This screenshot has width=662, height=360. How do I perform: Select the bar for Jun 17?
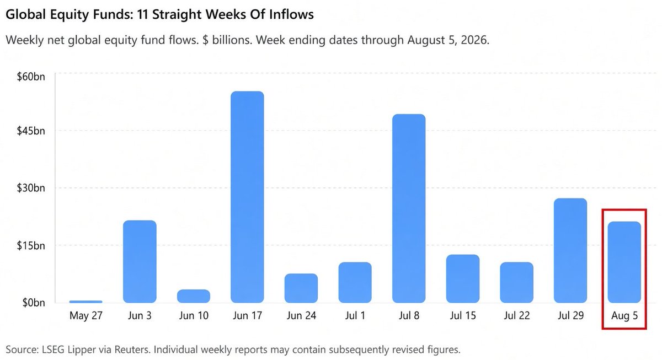[x=247, y=197]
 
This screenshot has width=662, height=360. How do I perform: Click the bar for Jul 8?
[x=409, y=208]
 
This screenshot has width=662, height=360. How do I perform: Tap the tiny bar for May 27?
[x=86, y=302]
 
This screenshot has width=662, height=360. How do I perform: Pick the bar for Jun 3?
[x=140, y=261]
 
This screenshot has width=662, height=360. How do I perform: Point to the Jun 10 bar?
[x=194, y=296]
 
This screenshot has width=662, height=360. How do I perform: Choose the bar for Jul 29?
[x=570, y=250]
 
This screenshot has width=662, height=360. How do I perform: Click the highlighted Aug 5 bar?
[x=624, y=262]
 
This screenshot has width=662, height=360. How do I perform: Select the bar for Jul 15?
[x=463, y=278]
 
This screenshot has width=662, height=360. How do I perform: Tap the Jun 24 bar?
[x=301, y=288]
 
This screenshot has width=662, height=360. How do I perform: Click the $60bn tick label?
[x=31, y=77]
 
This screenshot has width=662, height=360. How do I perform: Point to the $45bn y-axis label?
[x=31, y=131]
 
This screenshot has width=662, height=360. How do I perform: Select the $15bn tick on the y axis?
[x=31, y=245]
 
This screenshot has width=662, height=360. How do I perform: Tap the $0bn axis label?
[x=34, y=303]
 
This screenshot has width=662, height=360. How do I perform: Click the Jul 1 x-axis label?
[x=355, y=316]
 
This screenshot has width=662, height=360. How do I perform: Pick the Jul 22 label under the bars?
[x=516, y=316]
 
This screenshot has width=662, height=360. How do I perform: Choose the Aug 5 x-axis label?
[x=624, y=316]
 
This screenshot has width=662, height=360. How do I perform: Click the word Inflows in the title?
[x=291, y=14]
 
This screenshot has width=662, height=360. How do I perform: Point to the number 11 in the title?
[x=142, y=14]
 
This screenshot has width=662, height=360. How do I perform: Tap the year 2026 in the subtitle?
[x=474, y=40]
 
